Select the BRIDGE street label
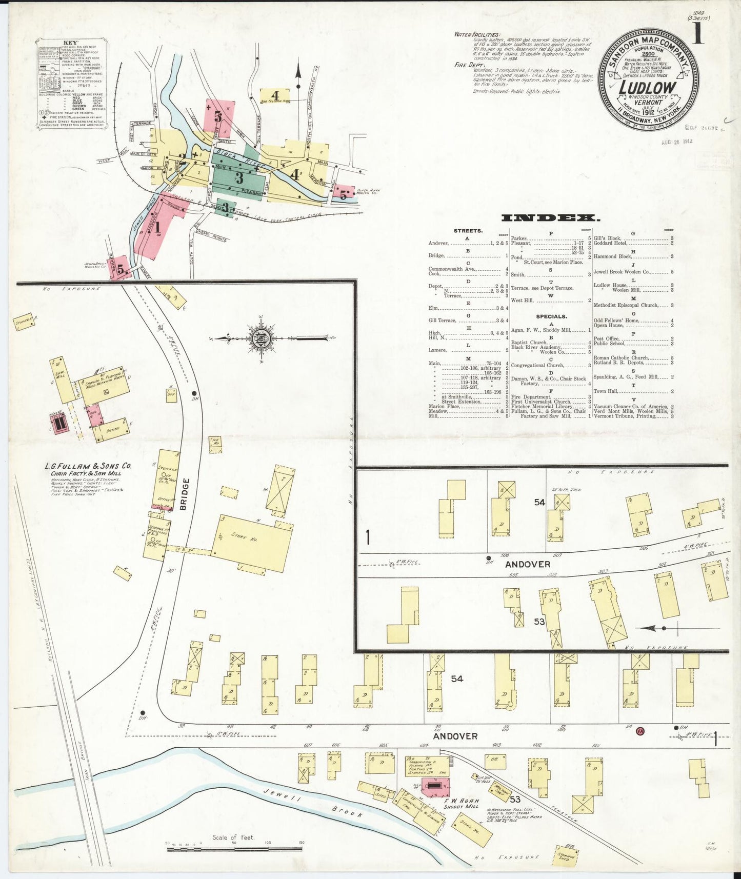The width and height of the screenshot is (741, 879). click(185, 494)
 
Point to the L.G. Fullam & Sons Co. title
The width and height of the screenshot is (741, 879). click(88, 466)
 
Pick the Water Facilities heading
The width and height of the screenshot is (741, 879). click(477, 35)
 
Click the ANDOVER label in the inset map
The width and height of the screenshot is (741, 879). click(527, 564)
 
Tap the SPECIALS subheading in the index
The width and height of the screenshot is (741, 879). click(551, 316)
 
